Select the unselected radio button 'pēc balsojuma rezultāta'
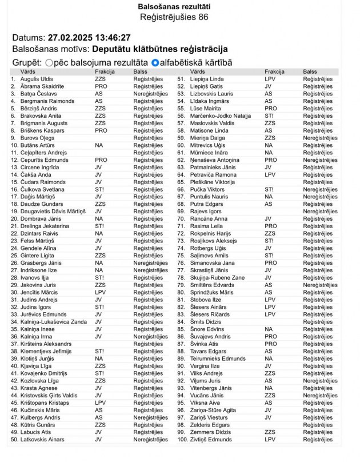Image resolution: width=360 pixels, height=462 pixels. pos(49,62)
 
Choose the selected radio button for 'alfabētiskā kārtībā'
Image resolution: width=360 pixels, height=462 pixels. pos(155,62)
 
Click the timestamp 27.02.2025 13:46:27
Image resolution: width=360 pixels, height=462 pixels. pos(89,37)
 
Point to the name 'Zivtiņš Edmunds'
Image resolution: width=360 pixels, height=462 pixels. pos(211,440)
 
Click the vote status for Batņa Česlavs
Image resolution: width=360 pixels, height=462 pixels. pos(150,94)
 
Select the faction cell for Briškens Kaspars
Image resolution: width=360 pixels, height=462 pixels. pos(101,130)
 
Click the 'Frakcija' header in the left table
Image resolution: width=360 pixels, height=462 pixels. pos(105,72)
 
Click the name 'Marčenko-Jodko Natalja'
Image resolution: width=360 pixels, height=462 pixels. pos(221,115)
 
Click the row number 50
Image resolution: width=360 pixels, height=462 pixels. pos(14,440)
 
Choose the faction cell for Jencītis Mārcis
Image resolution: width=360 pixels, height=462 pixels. pos(101,292)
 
